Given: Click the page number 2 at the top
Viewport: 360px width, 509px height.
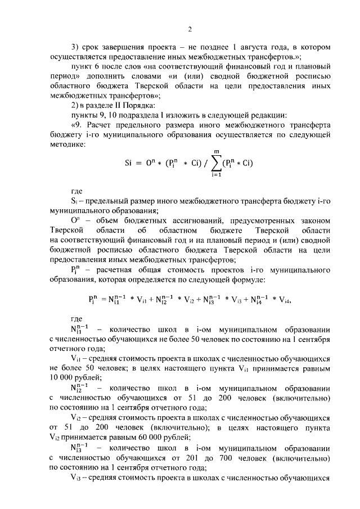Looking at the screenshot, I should (x=190, y=30).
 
